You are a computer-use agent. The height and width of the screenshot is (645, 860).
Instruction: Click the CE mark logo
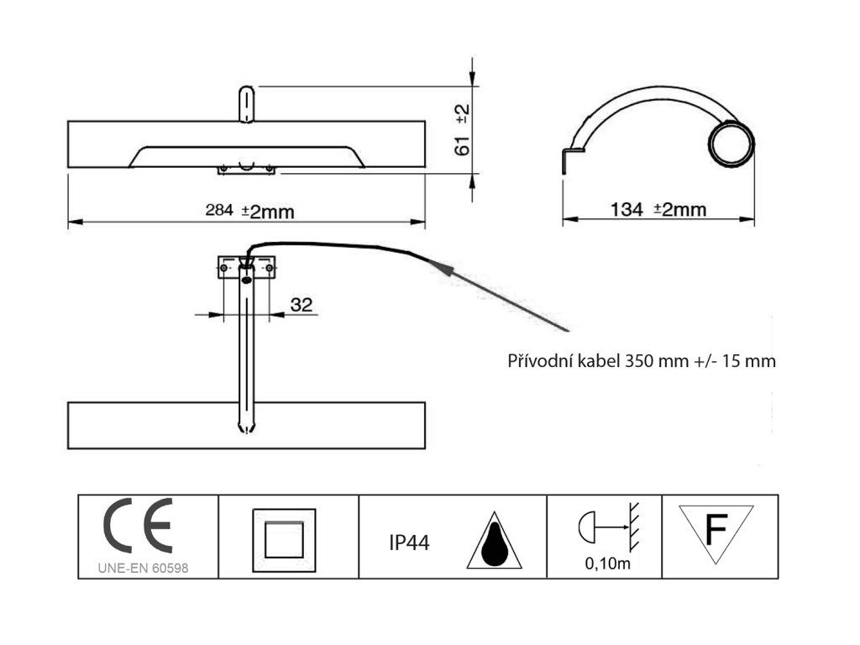coord(139,526)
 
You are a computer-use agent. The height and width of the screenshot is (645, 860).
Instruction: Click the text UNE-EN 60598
coord(143,569)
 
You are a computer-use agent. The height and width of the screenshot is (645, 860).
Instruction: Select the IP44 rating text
coord(409,543)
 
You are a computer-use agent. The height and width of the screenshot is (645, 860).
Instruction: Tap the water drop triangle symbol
coord(494,540)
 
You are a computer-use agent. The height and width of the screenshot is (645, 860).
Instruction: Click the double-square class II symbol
coord(284,540)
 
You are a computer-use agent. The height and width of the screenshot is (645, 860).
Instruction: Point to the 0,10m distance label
coord(608,564)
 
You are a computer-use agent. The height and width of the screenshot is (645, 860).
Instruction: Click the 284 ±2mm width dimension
coord(249,211)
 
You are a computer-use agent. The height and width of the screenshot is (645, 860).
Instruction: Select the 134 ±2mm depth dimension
coord(658,209)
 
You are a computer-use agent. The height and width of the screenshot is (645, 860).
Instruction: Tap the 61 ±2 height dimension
coord(463,130)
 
